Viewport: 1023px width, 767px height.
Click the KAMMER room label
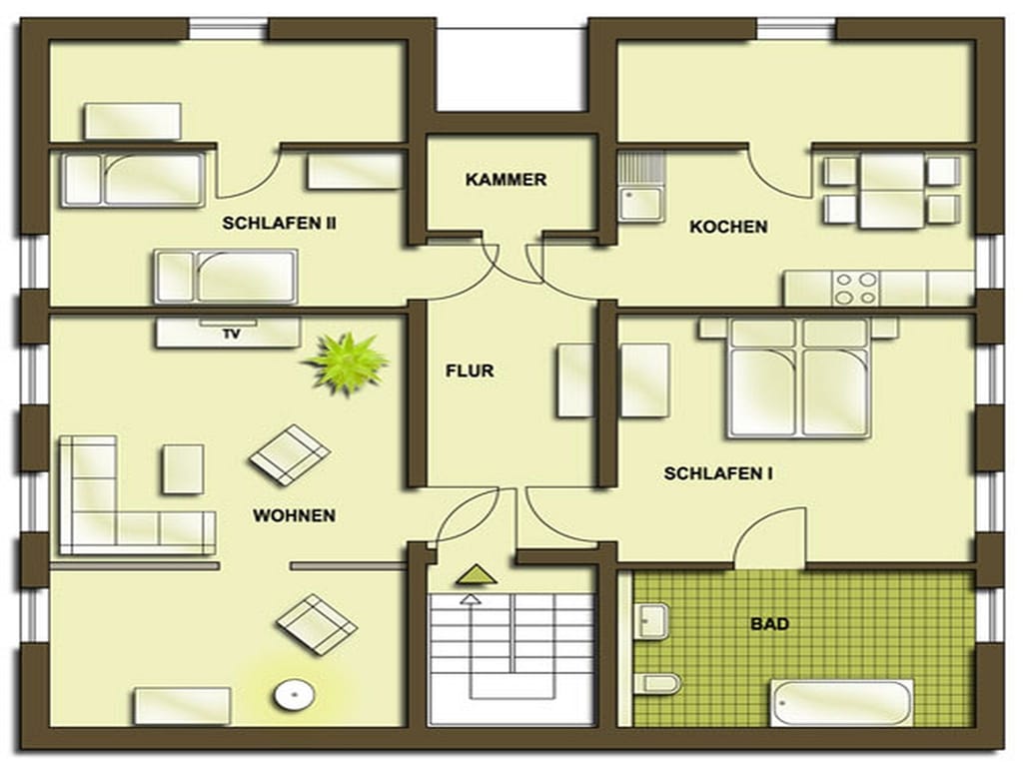click(506, 180)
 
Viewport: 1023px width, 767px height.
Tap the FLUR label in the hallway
click(470, 372)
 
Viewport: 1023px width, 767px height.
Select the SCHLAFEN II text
click(280, 223)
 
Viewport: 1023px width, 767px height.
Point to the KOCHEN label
click(728, 227)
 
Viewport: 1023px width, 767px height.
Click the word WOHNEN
click(295, 516)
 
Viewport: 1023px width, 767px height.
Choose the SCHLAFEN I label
click(718, 473)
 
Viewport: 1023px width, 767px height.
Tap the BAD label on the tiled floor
click(770, 624)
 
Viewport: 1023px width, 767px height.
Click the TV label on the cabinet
click(232, 334)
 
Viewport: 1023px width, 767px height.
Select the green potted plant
click(347, 363)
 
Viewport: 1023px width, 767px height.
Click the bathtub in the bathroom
click(841, 702)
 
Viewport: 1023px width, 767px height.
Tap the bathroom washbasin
click(652, 619)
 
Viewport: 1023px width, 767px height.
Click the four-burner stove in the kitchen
click(856, 289)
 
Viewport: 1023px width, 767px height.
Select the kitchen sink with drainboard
click(641, 187)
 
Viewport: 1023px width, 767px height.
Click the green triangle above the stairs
click(477, 574)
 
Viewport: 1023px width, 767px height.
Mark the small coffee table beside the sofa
click(183, 469)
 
